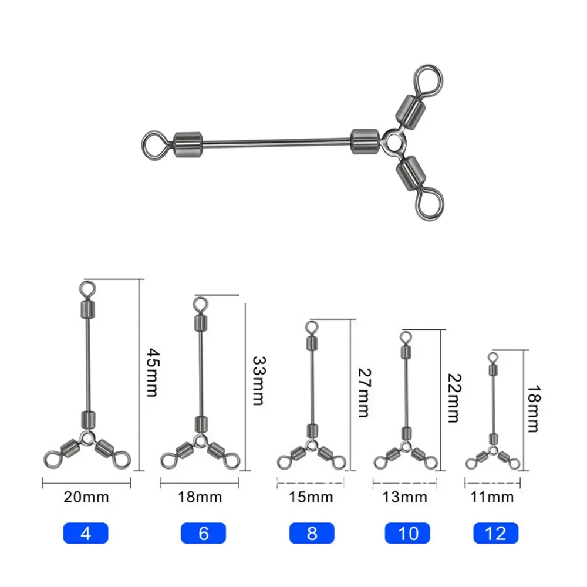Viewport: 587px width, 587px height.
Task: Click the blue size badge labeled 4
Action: tap(86, 533)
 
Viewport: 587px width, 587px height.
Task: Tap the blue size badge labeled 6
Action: tap(204, 533)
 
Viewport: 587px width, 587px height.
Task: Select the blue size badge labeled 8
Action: tap(311, 533)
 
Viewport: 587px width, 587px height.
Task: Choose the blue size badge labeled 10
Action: tap(407, 533)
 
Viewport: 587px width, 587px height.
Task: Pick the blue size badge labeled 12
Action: tap(497, 533)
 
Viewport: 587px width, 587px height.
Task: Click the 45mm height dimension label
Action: tap(151, 373)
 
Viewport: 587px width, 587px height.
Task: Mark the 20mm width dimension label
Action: tap(86, 498)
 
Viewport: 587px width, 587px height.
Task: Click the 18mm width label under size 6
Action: tap(200, 498)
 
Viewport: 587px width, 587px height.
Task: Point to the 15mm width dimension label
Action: tap(311, 498)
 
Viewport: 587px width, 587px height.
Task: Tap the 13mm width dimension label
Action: tap(405, 498)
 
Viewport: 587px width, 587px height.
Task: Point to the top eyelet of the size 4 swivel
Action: tap(86, 288)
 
